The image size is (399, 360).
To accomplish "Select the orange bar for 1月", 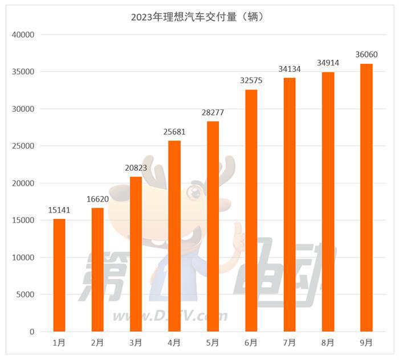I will (x=59, y=275).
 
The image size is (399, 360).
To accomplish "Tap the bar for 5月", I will (x=213, y=226).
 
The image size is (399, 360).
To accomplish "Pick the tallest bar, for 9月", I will (x=367, y=198).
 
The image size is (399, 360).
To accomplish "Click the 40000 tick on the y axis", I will (x=23, y=35).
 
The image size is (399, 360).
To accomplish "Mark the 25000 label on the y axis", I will (x=23, y=146).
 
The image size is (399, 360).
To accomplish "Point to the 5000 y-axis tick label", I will (x=26, y=295).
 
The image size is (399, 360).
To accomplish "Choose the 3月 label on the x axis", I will (x=136, y=343).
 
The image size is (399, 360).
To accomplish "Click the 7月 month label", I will (x=290, y=343).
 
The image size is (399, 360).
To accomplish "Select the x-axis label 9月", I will (x=367, y=343).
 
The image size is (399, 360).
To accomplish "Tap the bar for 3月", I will (x=136, y=254).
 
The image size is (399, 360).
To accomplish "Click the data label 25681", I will (x=174, y=132).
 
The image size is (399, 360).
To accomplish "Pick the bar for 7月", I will (x=290, y=204).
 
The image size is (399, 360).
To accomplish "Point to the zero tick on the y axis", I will (x=32, y=332).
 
